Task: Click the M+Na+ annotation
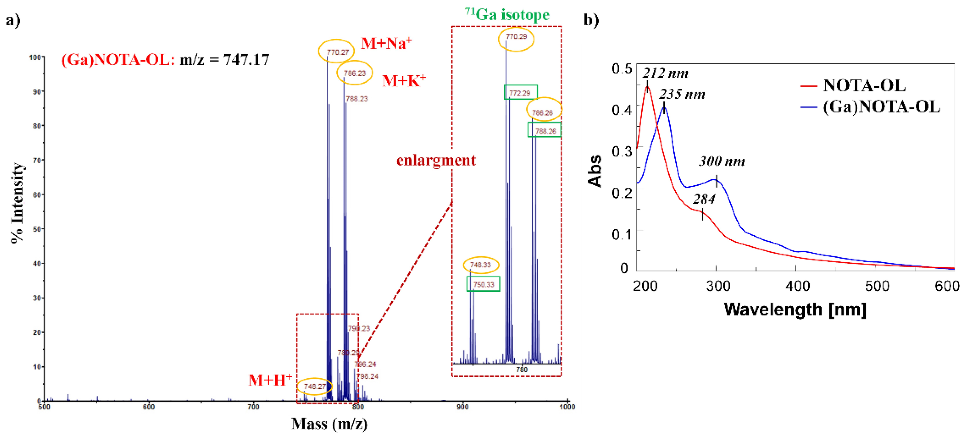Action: tap(386, 43)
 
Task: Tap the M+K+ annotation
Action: tap(404, 81)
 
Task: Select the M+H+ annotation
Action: tap(270, 380)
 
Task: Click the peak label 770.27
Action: tap(337, 52)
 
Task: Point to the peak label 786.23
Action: tap(354, 73)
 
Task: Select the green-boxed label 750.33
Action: tap(483, 285)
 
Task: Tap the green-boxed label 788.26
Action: tap(545, 131)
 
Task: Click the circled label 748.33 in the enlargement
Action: tap(480, 265)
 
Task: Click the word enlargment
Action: tap(436, 160)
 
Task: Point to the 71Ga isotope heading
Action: tap(507, 15)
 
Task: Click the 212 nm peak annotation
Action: tap(665, 73)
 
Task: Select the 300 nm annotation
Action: tap(721, 161)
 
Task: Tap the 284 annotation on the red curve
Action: tap(704, 199)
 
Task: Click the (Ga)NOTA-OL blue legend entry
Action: tap(881, 107)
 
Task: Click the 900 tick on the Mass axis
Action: tap(463, 407)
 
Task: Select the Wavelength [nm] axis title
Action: tap(794, 309)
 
